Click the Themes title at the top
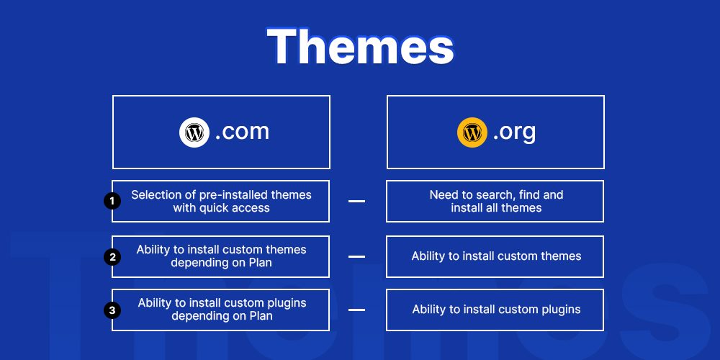tap(360, 46)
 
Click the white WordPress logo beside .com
tap(194, 132)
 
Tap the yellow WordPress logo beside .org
tap(472, 132)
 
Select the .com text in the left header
tap(242, 132)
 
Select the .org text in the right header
tap(514, 132)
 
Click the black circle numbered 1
tap(112, 201)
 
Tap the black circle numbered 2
tap(112, 256)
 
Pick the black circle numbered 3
tap(112, 310)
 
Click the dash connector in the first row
tap(356, 201)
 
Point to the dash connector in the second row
tap(356, 256)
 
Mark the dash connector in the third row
tap(356, 310)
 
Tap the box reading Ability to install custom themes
tap(495, 256)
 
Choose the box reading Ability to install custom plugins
tap(495, 310)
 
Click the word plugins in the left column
tap(287, 303)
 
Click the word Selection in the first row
tap(154, 194)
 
